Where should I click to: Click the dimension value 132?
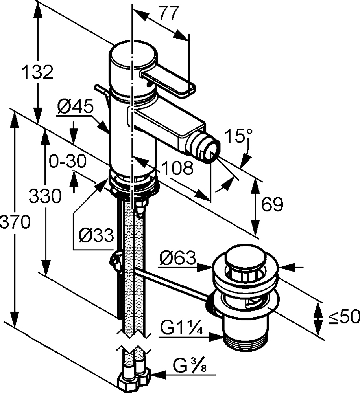pyautogui.click(x=37, y=73)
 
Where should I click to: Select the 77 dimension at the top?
pyautogui.click(x=170, y=14)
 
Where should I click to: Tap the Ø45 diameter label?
pyautogui.click(x=75, y=107)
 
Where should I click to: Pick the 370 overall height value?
pyautogui.click(x=15, y=223)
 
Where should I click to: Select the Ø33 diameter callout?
pyautogui.click(x=96, y=236)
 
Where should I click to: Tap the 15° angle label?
pyautogui.click(x=238, y=138)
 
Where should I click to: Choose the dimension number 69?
pyautogui.click(x=272, y=205)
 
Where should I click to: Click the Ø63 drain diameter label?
pyautogui.click(x=177, y=259)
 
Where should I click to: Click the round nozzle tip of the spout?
pyautogui.click(x=208, y=151)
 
